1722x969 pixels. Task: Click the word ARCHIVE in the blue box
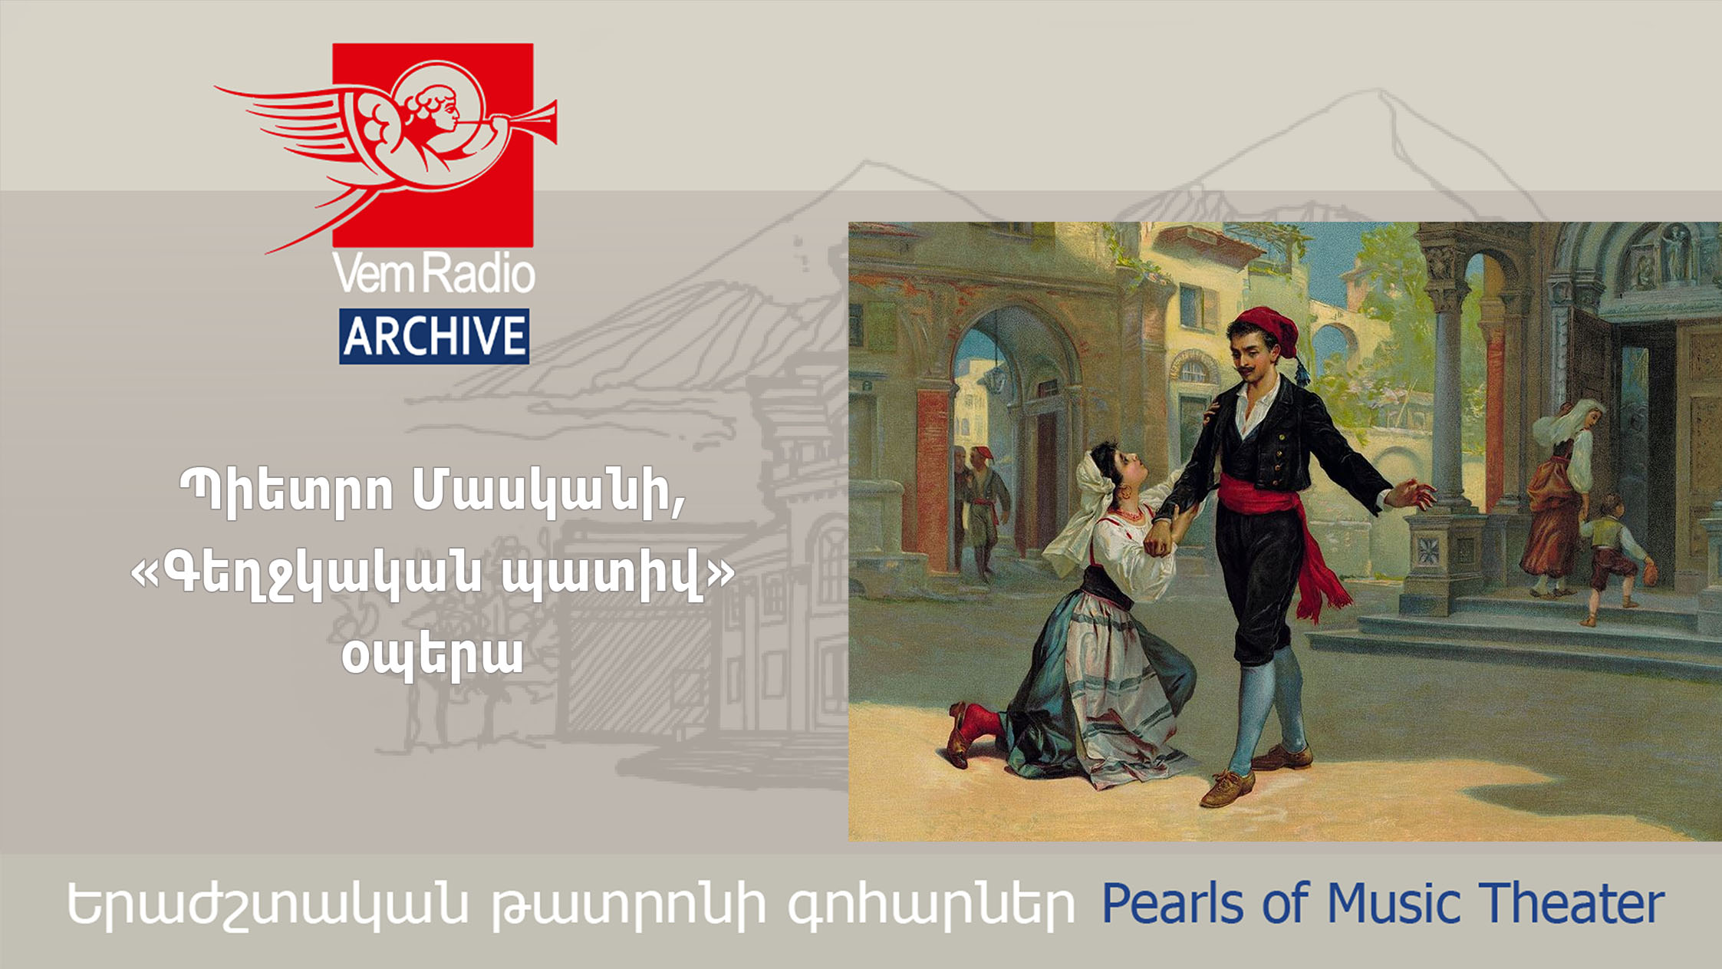[434, 336]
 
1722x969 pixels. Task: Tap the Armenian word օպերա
[433, 657]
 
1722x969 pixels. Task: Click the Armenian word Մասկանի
[549, 491]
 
